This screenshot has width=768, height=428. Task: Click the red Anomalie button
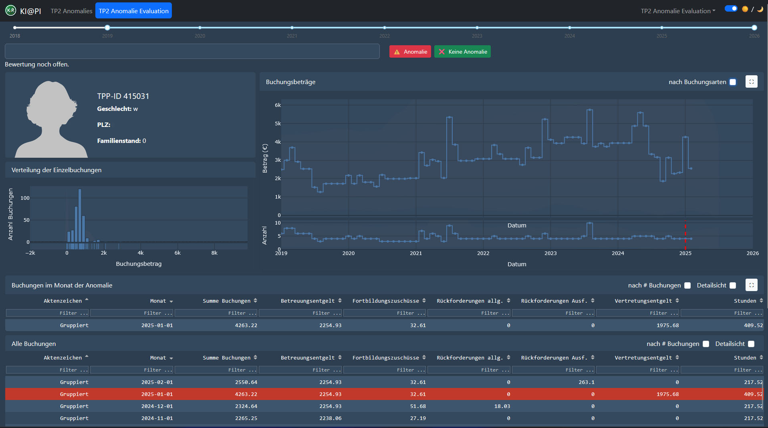click(410, 52)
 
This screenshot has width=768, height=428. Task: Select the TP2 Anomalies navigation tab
click(71, 11)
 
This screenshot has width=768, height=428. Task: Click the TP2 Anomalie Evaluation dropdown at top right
click(678, 11)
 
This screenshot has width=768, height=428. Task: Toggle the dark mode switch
click(731, 8)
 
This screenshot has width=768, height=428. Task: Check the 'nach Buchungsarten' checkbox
click(733, 82)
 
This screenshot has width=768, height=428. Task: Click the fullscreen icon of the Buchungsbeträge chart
click(752, 82)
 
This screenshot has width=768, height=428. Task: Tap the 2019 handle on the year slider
click(107, 28)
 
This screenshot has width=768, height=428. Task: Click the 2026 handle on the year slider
click(754, 28)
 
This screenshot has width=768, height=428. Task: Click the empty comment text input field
click(192, 51)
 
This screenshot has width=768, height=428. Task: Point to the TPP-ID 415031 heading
click(123, 96)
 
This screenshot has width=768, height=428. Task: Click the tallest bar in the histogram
click(80, 215)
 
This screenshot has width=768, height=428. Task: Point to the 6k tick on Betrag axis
click(278, 105)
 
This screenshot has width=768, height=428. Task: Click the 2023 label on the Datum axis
click(550, 253)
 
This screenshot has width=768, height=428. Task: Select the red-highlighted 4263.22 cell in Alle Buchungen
click(246, 394)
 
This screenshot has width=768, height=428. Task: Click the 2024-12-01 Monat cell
click(157, 406)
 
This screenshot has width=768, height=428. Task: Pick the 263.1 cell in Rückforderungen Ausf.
click(587, 382)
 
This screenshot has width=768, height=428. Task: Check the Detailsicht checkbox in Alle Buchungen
click(751, 344)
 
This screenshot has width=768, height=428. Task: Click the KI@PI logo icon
click(11, 10)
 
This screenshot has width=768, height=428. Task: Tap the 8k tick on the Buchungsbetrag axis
click(214, 253)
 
